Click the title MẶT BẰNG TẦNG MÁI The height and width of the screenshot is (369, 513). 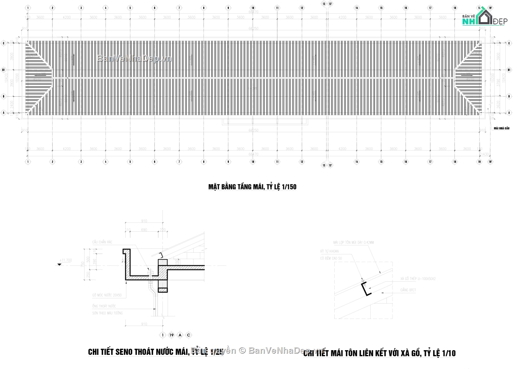252,187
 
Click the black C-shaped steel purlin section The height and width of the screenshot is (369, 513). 365,289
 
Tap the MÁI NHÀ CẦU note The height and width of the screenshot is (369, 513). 501,128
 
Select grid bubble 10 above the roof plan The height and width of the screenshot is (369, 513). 253,8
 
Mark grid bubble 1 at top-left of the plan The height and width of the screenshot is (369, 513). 28,8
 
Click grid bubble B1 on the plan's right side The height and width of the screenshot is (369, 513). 509,70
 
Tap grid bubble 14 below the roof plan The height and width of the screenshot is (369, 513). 356,162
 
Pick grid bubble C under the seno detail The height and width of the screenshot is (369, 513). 189,335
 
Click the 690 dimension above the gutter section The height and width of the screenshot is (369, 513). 144,230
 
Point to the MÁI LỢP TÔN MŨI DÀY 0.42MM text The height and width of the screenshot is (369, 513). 354,242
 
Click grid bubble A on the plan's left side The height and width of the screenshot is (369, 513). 3,113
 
